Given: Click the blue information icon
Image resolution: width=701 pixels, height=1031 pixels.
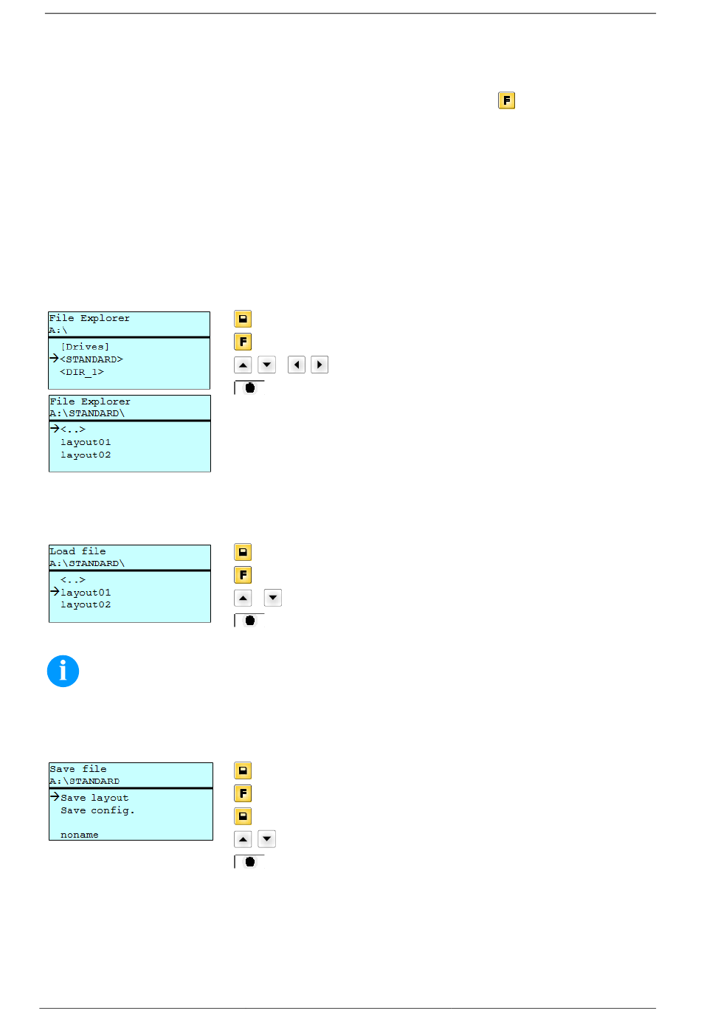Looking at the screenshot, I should [63, 672].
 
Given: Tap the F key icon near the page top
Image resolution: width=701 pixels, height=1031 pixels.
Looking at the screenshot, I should [506, 100].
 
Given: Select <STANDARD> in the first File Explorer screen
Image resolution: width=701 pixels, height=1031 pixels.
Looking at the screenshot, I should [91, 359].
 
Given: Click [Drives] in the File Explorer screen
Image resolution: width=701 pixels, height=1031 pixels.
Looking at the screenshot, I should [85, 347].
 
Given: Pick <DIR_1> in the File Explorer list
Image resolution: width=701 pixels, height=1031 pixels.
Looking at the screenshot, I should [82, 372].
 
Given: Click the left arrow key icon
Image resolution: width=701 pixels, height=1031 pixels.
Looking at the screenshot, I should [297, 365].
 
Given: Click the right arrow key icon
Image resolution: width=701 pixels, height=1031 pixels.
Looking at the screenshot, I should [320, 365].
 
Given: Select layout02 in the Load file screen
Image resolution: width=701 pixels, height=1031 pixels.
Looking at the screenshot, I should [86, 604].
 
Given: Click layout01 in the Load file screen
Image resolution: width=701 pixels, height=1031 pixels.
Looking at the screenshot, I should [86, 593].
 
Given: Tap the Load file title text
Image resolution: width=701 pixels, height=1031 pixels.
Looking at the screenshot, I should [77, 551].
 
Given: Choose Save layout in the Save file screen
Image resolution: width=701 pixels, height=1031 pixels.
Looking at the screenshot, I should [94, 798].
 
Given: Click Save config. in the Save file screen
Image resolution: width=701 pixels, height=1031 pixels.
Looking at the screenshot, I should [97, 810].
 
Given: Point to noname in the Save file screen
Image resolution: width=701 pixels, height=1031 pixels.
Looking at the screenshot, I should [80, 835].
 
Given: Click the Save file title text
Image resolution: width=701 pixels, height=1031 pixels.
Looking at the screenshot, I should [78, 769].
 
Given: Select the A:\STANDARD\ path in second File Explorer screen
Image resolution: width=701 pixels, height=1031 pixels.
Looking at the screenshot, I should [87, 413].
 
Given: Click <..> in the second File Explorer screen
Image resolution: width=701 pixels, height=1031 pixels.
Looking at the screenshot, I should [73, 430].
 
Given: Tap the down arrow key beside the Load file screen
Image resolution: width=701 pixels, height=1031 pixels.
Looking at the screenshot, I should [273, 598].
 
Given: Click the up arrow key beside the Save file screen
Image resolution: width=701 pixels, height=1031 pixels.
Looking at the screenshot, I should [243, 839].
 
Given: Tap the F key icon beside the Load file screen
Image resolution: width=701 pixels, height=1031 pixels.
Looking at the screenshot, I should [243, 575].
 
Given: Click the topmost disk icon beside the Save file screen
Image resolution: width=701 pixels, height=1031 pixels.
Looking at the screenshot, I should [243, 770].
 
